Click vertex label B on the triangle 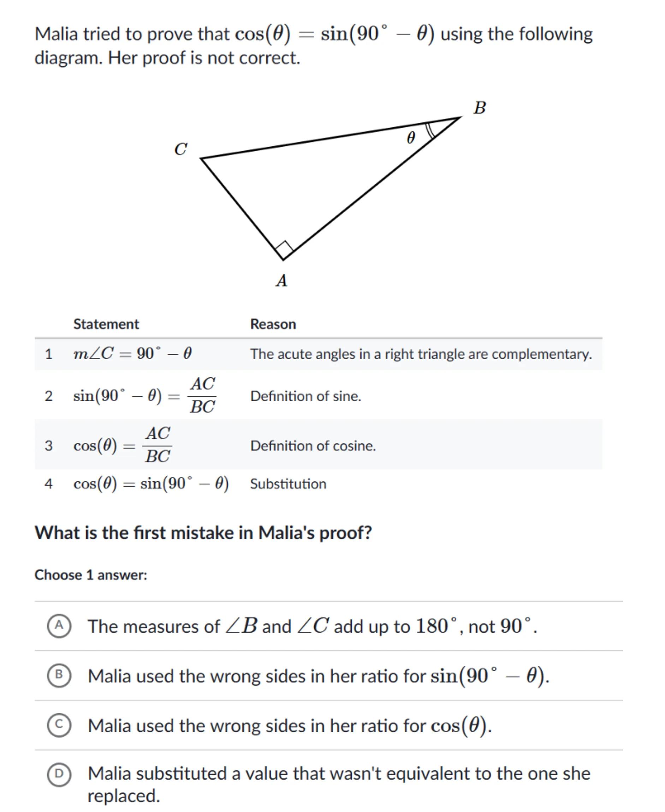click(479, 108)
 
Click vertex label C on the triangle click(180, 149)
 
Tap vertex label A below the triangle click(281, 281)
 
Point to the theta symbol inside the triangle click(411, 137)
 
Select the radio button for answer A click(59, 626)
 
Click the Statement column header click(106, 324)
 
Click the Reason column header click(273, 324)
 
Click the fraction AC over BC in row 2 click(203, 396)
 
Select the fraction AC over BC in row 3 click(158, 445)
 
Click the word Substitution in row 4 click(288, 484)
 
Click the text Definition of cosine click(313, 446)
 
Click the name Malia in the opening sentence click(56, 34)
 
